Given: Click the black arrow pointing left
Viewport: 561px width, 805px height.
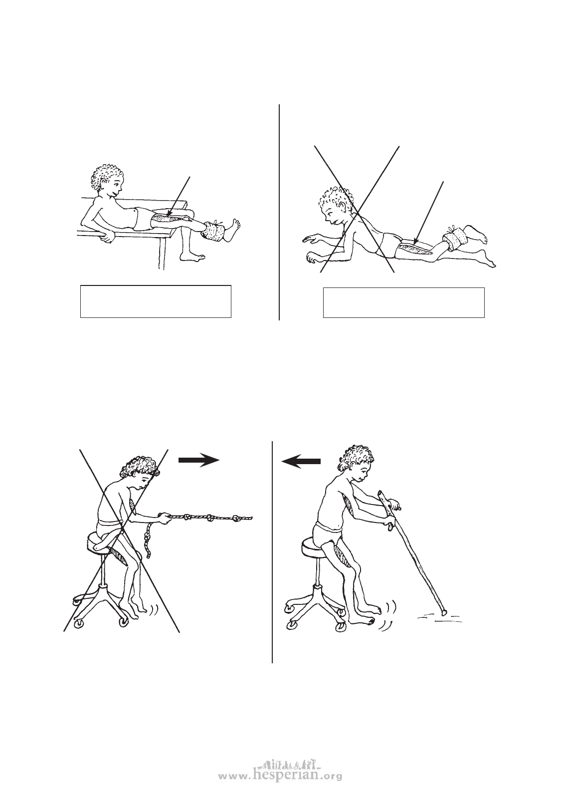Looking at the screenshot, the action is coord(301,462).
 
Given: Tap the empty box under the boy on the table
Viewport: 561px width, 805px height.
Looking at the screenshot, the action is coord(156,301).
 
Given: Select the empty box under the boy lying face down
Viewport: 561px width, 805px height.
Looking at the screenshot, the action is coord(404,302).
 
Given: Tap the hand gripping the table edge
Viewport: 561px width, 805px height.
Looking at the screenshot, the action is coord(107,236).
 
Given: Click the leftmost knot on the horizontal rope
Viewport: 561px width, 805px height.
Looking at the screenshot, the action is coord(187,518).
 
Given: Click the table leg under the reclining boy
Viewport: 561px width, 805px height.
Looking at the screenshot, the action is coord(161,251).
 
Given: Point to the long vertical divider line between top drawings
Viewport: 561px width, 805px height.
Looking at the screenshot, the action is coord(279,212).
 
